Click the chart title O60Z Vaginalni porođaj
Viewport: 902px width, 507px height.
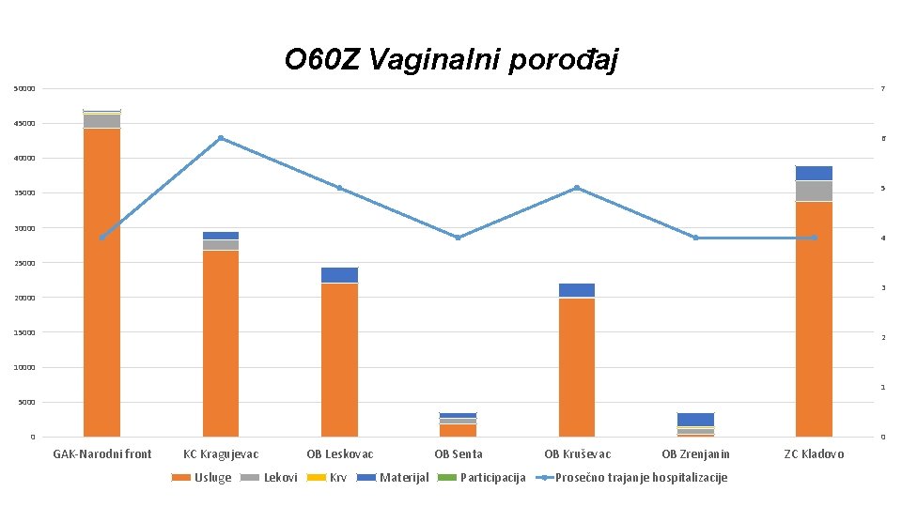pos(451,60)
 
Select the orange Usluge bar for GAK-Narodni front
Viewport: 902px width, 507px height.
pos(101,282)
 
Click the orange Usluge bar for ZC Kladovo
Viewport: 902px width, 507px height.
pos(814,319)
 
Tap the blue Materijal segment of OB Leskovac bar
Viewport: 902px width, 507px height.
pos(339,275)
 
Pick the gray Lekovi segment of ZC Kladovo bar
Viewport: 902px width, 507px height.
pos(814,191)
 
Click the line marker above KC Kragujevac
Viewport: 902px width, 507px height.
pos(221,138)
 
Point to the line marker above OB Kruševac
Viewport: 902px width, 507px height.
pos(577,188)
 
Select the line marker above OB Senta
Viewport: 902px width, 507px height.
pos(458,238)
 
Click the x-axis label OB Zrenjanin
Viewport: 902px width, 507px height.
pos(695,454)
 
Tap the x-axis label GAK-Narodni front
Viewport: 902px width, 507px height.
pos(101,454)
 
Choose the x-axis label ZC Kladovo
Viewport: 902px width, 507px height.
pos(814,454)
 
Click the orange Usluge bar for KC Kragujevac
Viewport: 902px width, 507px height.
pos(221,343)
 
